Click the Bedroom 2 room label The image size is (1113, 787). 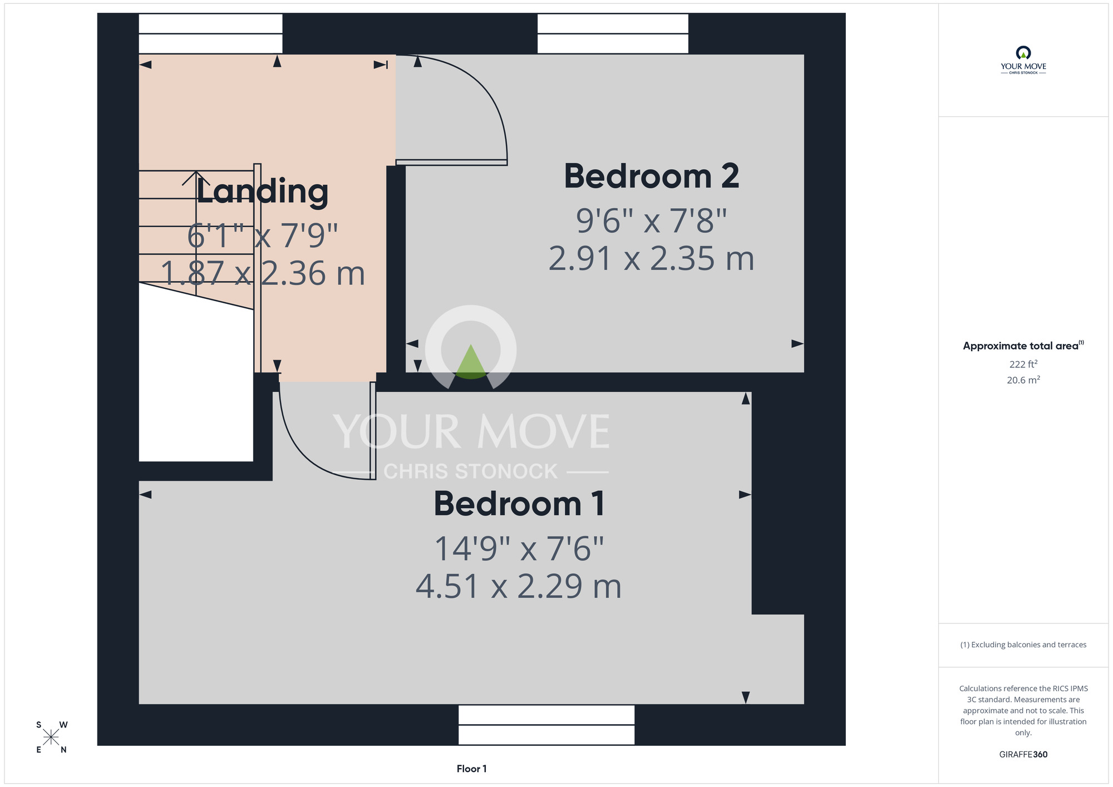652,176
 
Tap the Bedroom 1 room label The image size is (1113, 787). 519,504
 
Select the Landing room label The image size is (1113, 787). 262,192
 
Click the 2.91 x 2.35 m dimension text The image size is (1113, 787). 652,259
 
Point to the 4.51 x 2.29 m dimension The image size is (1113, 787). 519,587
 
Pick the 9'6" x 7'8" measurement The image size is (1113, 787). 652,220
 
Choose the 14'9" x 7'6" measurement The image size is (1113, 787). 519,549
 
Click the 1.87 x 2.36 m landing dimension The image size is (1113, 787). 263,274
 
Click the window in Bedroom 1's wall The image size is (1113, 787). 546,725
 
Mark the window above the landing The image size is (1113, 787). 210,34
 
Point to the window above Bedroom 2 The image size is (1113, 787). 613,34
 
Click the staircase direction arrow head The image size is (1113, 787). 196,178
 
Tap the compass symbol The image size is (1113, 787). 51,737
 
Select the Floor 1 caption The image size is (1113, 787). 471,769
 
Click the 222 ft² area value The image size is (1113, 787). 1023,364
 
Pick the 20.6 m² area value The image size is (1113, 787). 1023,380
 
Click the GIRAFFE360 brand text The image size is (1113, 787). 1023,755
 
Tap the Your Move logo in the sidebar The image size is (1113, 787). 1023,60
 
